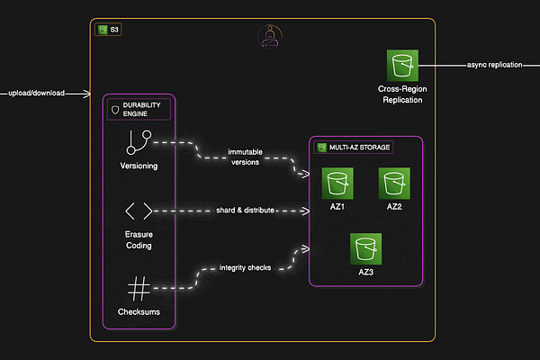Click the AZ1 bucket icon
pyautogui.click(x=337, y=184)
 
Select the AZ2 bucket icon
pyautogui.click(x=394, y=184)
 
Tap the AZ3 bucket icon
pyautogui.click(x=366, y=248)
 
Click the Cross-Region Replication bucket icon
pyautogui.click(x=401, y=66)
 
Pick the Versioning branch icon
pyautogui.click(x=138, y=141)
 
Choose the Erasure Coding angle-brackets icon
pyautogui.click(x=138, y=211)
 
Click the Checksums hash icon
pyautogui.click(x=138, y=289)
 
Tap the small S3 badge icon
pyautogui.click(x=103, y=30)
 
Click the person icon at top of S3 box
pyautogui.click(x=268, y=35)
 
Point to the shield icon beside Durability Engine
pyautogui.click(x=114, y=109)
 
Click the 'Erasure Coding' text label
pyautogui.click(x=138, y=240)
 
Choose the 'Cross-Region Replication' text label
pyautogui.click(x=401, y=94)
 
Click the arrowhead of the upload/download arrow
pyautogui.click(x=86, y=93)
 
